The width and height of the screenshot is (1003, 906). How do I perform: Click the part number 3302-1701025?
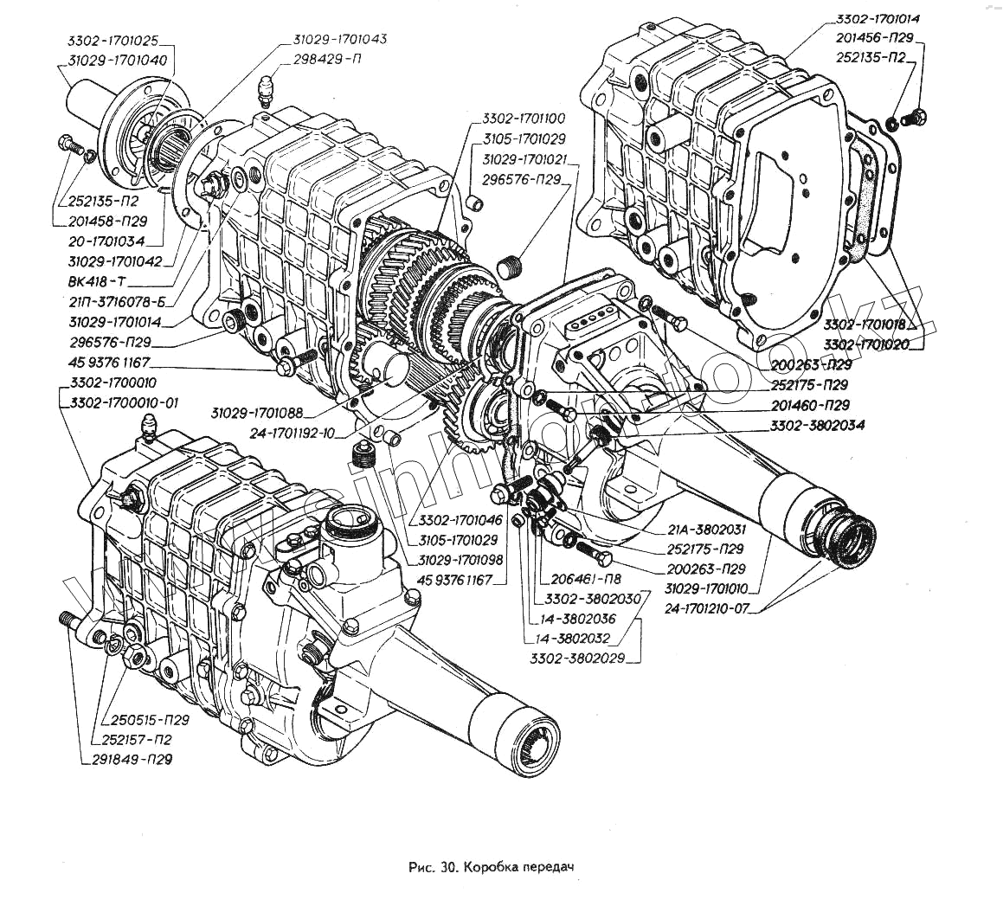coord(116,41)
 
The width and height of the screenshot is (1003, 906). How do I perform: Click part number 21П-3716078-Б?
coord(119,301)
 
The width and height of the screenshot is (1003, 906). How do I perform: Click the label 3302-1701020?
coord(871,344)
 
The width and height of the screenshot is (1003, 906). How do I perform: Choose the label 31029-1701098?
coord(460,560)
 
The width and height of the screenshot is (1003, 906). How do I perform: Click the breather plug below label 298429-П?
coord(267,89)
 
